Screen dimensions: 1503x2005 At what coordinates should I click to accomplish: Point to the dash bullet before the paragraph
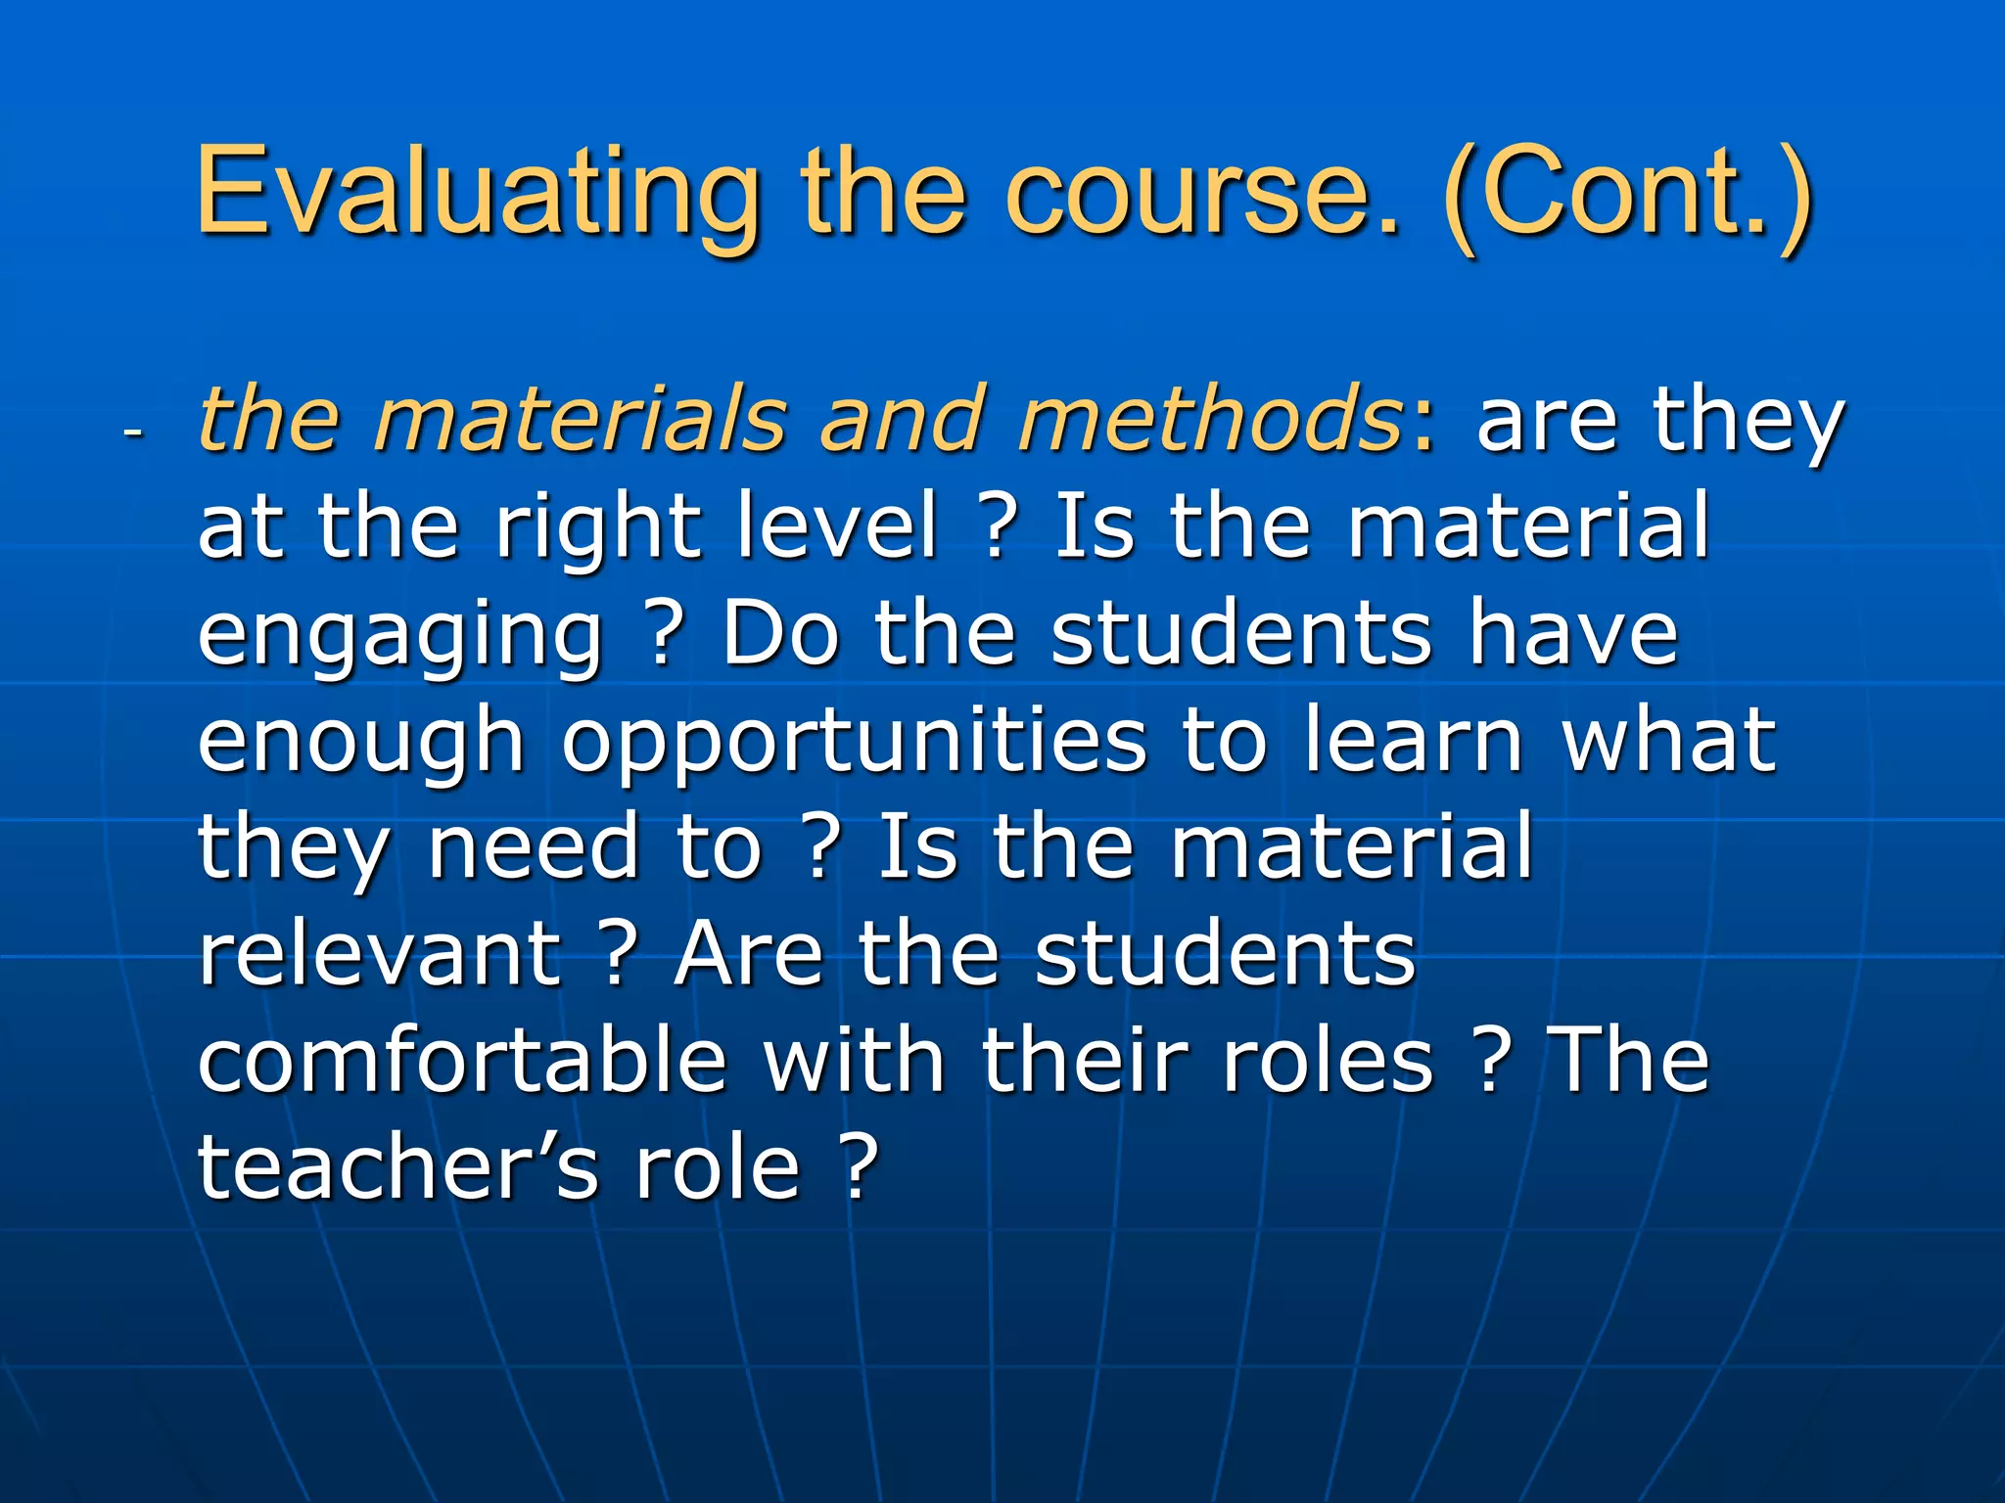pyautogui.click(x=133, y=431)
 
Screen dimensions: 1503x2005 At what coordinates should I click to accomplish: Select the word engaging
pyautogui.click(x=400, y=636)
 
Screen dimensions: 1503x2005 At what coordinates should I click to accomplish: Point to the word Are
pyautogui.click(x=749, y=954)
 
